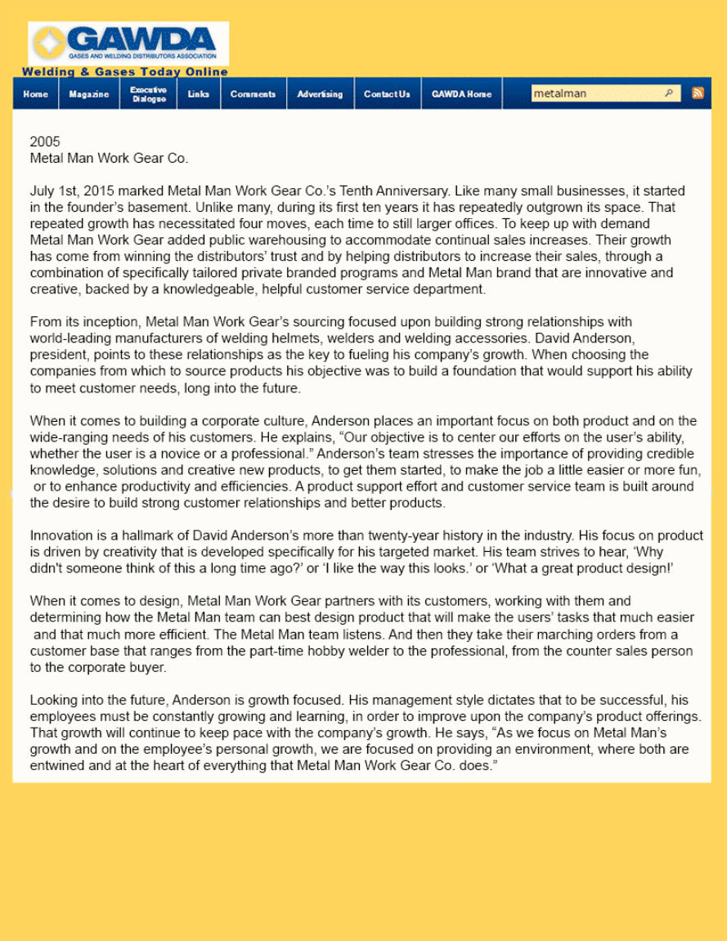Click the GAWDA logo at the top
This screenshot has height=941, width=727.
pyautogui.click(x=128, y=43)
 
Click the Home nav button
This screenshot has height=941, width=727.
pyautogui.click(x=35, y=94)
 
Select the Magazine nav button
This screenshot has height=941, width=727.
pyautogui.click(x=89, y=94)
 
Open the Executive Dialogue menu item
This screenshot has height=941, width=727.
pyautogui.click(x=148, y=94)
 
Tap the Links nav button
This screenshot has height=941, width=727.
pyautogui.click(x=199, y=94)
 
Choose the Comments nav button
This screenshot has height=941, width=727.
pyautogui.click(x=253, y=94)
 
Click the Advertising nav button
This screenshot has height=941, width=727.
pyautogui.click(x=320, y=94)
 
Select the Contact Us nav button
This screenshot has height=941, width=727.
pyautogui.click(x=387, y=94)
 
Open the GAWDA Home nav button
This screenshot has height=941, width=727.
pyautogui.click(x=461, y=94)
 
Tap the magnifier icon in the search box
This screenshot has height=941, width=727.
pyautogui.click(x=669, y=93)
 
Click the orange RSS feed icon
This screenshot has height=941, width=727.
pyautogui.click(x=698, y=93)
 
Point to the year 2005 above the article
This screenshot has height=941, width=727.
pyautogui.click(x=45, y=141)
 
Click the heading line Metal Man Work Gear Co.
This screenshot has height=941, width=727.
pyautogui.click(x=109, y=158)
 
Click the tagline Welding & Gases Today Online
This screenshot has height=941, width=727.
pyautogui.click(x=125, y=72)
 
